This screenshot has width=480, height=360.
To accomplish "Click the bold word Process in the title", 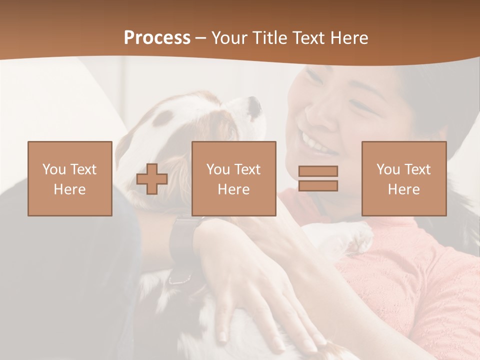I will pyautogui.click(x=157, y=38).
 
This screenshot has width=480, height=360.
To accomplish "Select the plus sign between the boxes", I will pyautogui.click(x=152, y=179).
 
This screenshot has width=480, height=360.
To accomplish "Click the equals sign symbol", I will pyautogui.click(x=318, y=178).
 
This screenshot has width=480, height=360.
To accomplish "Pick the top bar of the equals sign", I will pyautogui.click(x=318, y=171).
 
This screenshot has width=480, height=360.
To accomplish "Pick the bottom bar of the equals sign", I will pyautogui.click(x=318, y=185).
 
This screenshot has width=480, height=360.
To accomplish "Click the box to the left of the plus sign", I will pyautogui.click(x=70, y=179).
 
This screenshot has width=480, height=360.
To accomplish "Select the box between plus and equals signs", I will pyautogui.click(x=234, y=179).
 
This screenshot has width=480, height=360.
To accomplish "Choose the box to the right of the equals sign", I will pyautogui.click(x=404, y=179).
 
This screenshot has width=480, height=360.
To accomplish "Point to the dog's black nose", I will pyautogui.click(x=254, y=105).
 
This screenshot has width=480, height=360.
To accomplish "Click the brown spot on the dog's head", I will pyautogui.click(x=163, y=118).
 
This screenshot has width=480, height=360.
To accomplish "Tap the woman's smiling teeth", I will pyautogui.click(x=314, y=143).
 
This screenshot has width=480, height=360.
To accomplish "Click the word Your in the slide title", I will pyautogui.click(x=230, y=38).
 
